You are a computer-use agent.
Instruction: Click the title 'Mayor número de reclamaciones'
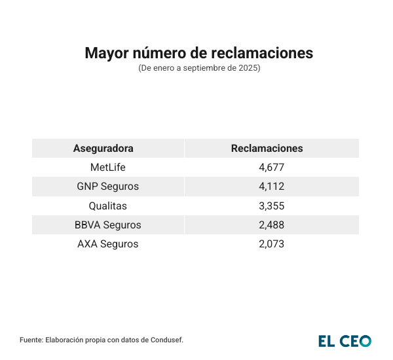pyautogui.click(x=199, y=53)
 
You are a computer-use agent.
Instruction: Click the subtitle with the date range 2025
pyautogui.click(x=199, y=68)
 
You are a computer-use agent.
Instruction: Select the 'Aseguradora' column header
pyautogui.click(x=103, y=148)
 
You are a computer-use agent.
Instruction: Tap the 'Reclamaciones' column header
pyautogui.click(x=267, y=148)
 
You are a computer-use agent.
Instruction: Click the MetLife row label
pyautogui.click(x=108, y=168)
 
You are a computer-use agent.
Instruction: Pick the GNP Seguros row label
pyautogui.click(x=108, y=187)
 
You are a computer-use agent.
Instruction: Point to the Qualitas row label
pyautogui.click(x=108, y=206)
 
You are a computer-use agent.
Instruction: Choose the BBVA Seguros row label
pyautogui.click(x=108, y=225)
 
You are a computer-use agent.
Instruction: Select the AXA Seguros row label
pyautogui.click(x=108, y=244)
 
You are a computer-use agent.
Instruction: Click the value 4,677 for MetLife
pyautogui.click(x=272, y=168)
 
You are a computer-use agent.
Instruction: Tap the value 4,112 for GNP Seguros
pyautogui.click(x=272, y=187)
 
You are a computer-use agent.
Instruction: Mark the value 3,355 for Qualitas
pyautogui.click(x=272, y=206)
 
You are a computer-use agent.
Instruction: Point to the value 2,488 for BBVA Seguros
pyautogui.click(x=272, y=225)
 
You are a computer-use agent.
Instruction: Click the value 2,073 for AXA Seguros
pyautogui.click(x=272, y=244)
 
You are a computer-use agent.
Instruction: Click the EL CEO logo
pyautogui.click(x=345, y=340)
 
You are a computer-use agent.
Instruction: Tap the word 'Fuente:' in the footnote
pyautogui.click(x=33, y=340)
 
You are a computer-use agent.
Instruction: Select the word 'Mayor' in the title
pyautogui.click(x=105, y=53)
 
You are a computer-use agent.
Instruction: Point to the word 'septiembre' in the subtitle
pyautogui.click(x=198, y=68)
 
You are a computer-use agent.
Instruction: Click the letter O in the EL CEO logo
pyautogui.click(x=364, y=340)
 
